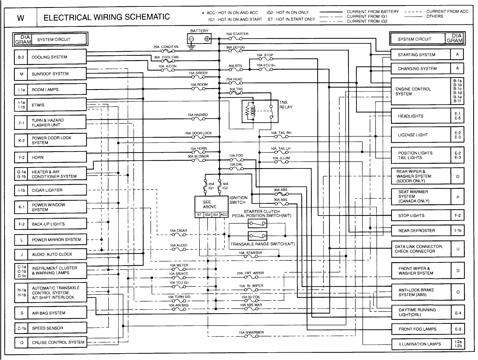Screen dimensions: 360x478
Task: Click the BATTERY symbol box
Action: (x=199, y=39)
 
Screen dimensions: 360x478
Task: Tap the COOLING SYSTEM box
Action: (x=57, y=57)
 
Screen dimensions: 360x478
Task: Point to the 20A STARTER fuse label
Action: (x=237, y=34)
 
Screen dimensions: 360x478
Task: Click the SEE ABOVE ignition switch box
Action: (x=210, y=204)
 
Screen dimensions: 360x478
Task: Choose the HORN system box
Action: (x=57, y=157)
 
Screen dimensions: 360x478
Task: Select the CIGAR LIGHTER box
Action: (x=57, y=190)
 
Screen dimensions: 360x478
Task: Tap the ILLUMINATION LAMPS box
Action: (x=420, y=344)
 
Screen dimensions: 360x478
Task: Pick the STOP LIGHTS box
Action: (x=420, y=215)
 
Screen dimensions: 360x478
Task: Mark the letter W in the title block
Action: (x=21, y=18)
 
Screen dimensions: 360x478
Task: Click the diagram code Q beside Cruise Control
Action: (x=22, y=343)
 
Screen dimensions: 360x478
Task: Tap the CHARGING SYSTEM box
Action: (x=420, y=68)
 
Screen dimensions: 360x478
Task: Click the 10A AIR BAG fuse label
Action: (x=178, y=305)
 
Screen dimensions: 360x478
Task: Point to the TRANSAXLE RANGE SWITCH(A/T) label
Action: (x=262, y=244)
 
